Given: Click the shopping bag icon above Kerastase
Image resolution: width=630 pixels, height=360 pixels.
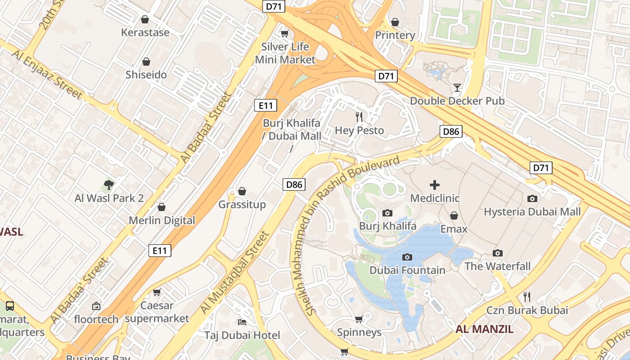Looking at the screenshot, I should pyautogui.click(x=145, y=19).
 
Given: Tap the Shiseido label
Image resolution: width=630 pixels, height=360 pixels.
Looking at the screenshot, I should pyautogui.click(x=146, y=75).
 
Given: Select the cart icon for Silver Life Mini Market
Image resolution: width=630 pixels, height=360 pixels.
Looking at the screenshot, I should pyautogui.click(x=284, y=34).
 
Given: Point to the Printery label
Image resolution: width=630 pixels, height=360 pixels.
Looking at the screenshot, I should pyautogui.click(x=395, y=35).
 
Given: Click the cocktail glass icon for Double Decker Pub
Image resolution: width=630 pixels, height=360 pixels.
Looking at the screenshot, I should pyautogui.click(x=457, y=87).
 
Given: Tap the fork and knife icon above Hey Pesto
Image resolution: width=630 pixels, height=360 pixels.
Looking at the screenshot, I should pyautogui.click(x=359, y=117).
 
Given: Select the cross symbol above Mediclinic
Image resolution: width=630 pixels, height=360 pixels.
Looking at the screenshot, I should pyautogui.click(x=435, y=184).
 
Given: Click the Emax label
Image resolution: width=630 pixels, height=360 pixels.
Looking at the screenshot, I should pyautogui.click(x=454, y=229).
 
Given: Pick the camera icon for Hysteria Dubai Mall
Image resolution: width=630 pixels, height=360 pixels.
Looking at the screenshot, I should pyautogui.click(x=532, y=198).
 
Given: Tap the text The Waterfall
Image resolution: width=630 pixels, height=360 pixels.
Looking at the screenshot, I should pyautogui.click(x=497, y=266).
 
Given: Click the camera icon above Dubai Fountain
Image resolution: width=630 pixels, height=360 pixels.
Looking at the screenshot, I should pyautogui.click(x=407, y=257).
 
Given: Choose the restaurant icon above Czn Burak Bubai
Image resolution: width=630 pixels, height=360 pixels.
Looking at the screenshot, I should pyautogui.click(x=527, y=297).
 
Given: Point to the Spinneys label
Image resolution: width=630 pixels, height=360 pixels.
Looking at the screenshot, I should pyautogui.click(x=359, y=333).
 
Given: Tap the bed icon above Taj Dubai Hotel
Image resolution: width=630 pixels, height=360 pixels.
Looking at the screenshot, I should pyautogui.click(x=242, y=322).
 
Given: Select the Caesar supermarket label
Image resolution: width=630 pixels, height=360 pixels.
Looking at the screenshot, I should pyautogui.click(x=157, y=312).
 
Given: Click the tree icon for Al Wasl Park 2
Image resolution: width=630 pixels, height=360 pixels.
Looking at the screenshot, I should pyautogui.click(x=108, y=184).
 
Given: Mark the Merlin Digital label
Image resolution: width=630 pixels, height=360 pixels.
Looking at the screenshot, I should pyautogui.click(x=162, y=220).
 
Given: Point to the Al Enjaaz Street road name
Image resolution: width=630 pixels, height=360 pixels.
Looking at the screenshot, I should pyautogui.click(x=47, y=74).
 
